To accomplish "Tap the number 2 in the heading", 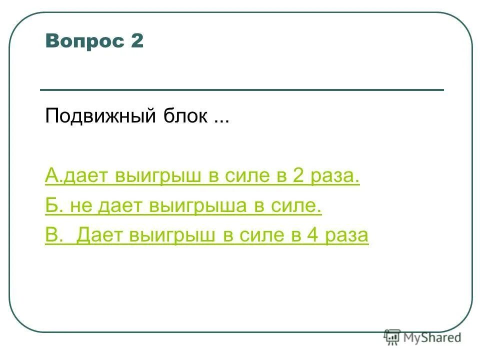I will coord(137,41).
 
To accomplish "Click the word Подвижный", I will coord(100,117).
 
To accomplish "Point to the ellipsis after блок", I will coord(220,120).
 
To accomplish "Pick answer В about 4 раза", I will coord(206,235).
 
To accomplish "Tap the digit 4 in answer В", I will coord(308,235).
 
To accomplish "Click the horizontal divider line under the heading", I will coord(241,90).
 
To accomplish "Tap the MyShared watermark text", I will coord(433,338).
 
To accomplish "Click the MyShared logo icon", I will coord(392,338).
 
